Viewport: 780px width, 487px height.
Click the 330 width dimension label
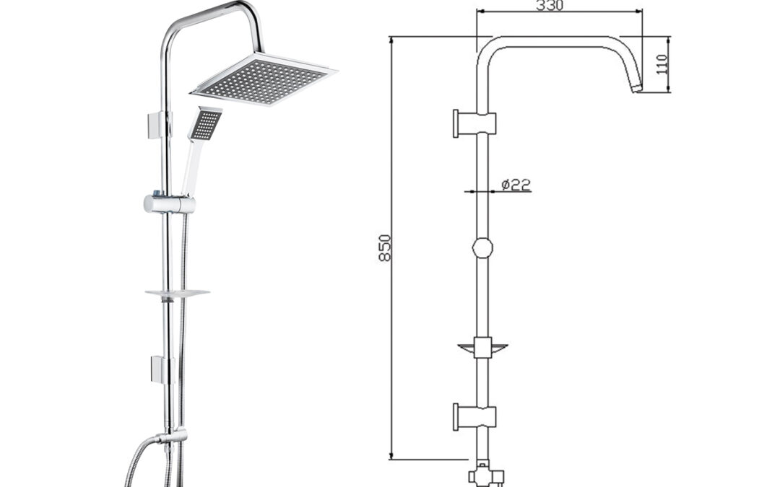click(550, 6)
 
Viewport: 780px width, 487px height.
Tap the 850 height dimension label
click(385, 247)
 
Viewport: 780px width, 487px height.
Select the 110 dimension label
click(661, 64)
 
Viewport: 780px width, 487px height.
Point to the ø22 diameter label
click(516, 185)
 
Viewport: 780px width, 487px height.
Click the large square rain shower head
click(264, 79)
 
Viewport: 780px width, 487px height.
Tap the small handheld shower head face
click(206, 124)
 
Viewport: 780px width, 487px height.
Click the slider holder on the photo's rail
click(169, 203)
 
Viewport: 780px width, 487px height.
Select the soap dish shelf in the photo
click(177, 294)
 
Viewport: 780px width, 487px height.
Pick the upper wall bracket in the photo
click(157, 126)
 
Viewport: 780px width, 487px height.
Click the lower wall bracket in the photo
click(160, 369)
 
